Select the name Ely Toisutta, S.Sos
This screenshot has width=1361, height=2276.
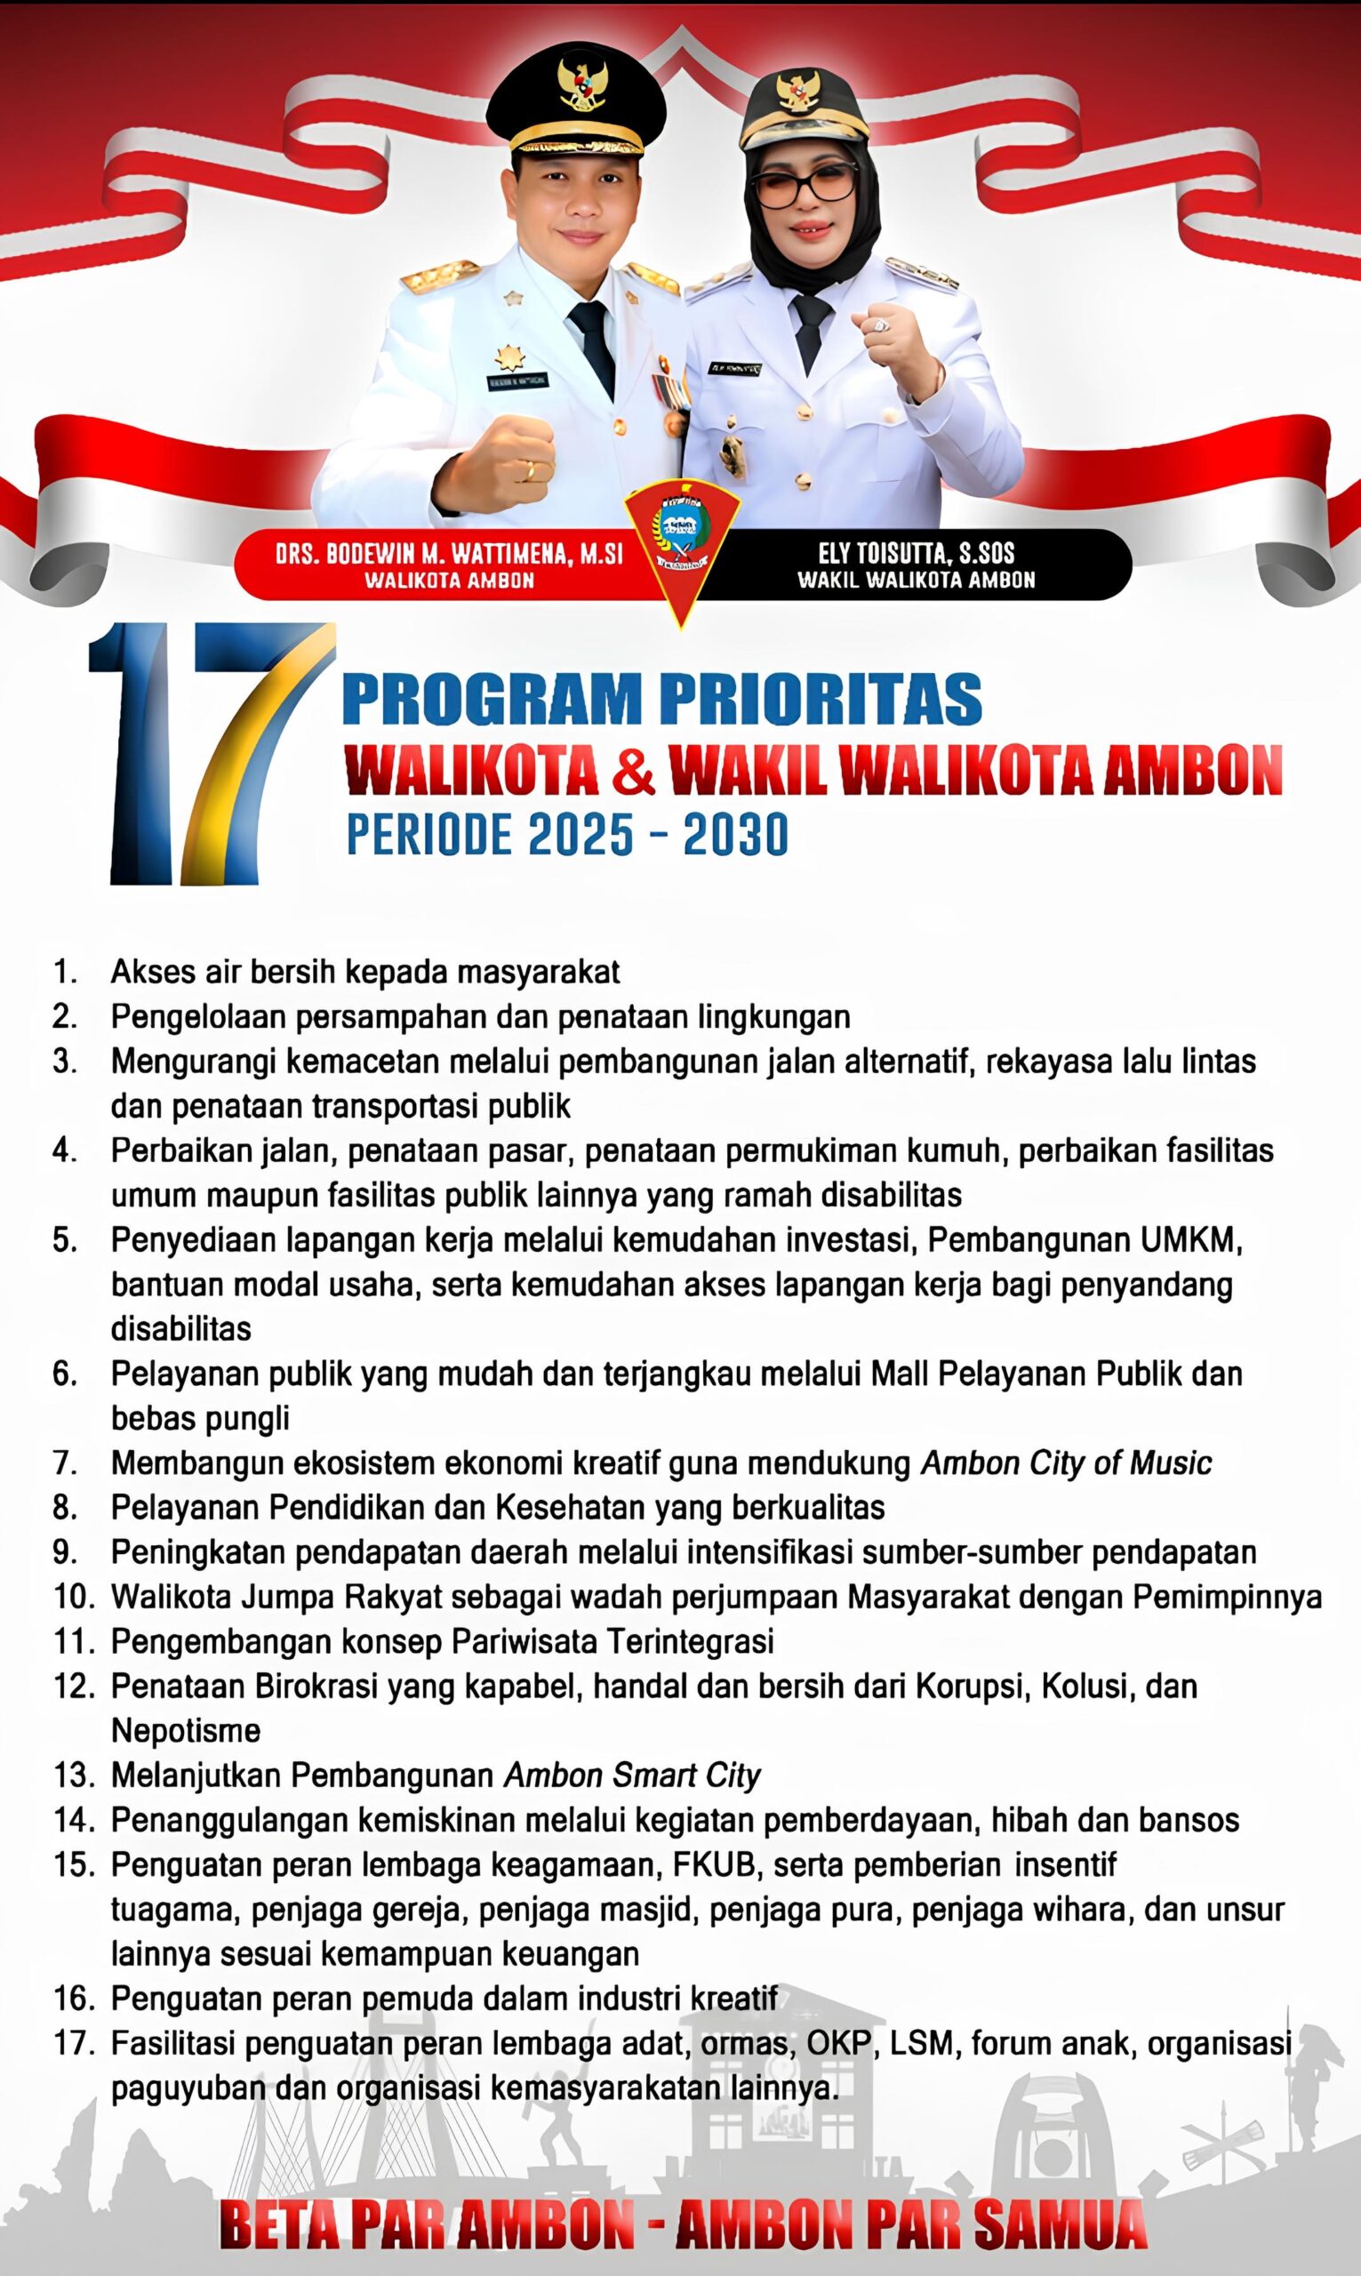coord(917,552)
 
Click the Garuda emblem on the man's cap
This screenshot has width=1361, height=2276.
coord(578,84)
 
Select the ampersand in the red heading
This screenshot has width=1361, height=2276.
coord(633,770)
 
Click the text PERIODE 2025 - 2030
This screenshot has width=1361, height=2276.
coord(567,835)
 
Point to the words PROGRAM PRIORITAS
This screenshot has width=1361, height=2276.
coord(661,700)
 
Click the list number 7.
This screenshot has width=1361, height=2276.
coord(65,1463)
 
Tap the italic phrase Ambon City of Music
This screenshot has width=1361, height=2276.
coord(1066,1463)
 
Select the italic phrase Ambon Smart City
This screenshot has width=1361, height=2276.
coord(632,1775)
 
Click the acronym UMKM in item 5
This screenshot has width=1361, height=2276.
coord(1191,1239)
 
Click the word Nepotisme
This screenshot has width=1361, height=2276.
coord(186,1730)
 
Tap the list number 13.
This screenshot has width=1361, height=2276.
coord(74,1775)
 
